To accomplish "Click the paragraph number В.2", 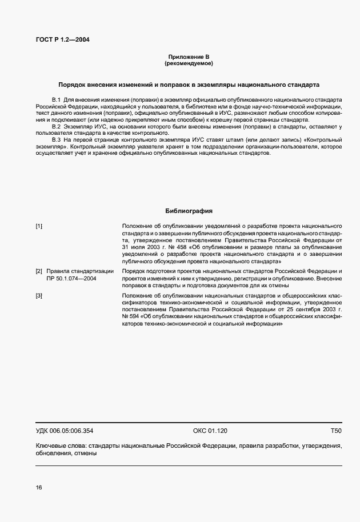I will pyautogui.click(x=56, y=126).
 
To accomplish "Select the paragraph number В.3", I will pyautogui.click(x=56, y=139).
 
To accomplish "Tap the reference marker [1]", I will pyautogui.click(x=39, y=227).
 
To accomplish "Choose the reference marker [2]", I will pyautogui.click(x=39, y=271).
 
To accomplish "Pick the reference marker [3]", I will pyautogui.click(x=39, y=295).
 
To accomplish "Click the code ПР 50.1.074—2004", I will pyautogui.click(x=71, y=278).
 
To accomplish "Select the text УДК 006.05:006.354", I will pyautogui.click(x=65, y=431).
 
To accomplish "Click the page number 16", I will pyautogui.click(x=39, y=487).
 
